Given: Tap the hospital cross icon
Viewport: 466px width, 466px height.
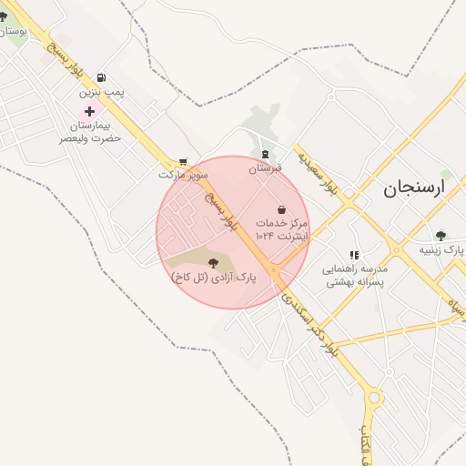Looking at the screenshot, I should [x=89, y=110].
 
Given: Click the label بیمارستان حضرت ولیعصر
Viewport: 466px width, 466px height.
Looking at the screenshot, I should [x=90, y=131].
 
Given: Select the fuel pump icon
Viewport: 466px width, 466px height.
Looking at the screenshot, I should [x=99, y=77].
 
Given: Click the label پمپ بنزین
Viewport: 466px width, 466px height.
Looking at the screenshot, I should [x=100, y=93].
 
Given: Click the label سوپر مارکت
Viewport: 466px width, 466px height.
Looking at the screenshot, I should [x=183, y=173].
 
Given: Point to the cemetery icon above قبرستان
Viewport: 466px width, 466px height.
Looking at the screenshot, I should [x=265, y=154].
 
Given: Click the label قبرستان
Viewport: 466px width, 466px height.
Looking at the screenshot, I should [x=266, y=168].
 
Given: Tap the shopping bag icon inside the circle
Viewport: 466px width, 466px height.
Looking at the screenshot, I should [x=281, y=209].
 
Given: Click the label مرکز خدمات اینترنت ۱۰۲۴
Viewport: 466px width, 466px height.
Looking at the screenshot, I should [x=281, y=229].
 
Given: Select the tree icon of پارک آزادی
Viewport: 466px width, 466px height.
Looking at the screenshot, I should [x=213, y=263].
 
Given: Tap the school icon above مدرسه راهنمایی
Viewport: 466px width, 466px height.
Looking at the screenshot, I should [x=354, y=256].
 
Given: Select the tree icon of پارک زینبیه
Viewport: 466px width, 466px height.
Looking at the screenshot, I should [x=441, y=236].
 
